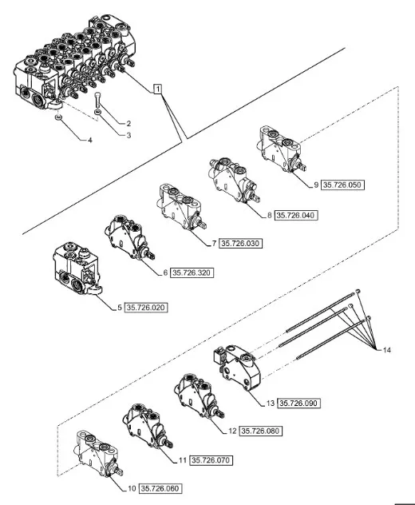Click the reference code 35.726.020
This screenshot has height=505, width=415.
click(x=148, y=307)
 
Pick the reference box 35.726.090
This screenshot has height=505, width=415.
click(x=300, y=404)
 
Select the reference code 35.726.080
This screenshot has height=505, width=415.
click(x=261, y=431)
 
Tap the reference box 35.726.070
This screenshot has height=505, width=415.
click(x=213, y=460)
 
